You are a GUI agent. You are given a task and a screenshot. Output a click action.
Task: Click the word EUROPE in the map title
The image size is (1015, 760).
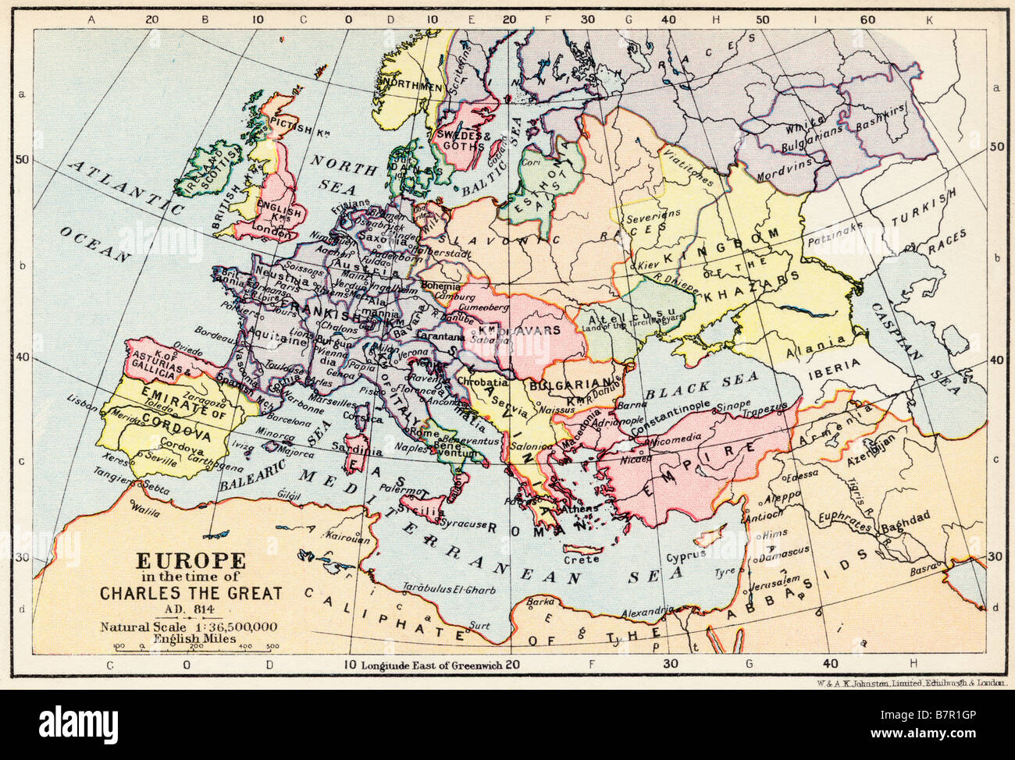tap(191, 560)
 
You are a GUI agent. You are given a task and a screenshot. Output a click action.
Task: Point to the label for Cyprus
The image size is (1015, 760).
tap(687, 556)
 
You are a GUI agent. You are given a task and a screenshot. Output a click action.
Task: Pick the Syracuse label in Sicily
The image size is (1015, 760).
tap(465, 523)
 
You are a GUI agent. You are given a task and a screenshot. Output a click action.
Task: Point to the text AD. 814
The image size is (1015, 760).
tap(191, 609)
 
